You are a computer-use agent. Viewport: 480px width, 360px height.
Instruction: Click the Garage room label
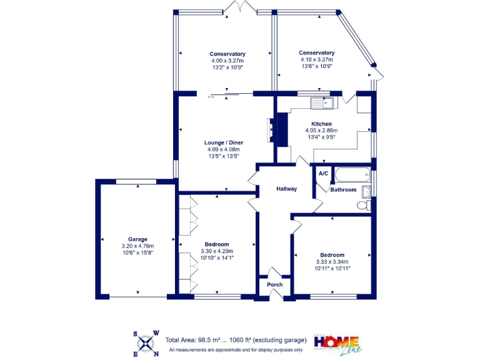coord(137,239)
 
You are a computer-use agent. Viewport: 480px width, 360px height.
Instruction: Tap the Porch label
coord(275,284)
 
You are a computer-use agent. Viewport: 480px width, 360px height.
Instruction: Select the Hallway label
coord(287,189)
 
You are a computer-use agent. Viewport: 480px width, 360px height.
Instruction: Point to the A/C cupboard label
coord(323,173)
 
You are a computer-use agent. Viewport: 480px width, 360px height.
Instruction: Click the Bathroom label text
coord(343,189)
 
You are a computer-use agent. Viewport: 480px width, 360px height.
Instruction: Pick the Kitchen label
coord(318,124)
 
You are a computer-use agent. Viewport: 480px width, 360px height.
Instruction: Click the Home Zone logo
coord(336,343)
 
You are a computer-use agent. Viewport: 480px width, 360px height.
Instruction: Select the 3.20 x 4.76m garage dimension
coord(137,246)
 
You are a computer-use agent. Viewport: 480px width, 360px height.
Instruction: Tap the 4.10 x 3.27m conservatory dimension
coord(316,59)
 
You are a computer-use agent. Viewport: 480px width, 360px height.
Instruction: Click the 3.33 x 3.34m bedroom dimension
coord(332,262)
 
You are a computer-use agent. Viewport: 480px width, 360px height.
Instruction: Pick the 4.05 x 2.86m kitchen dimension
coord(318,131)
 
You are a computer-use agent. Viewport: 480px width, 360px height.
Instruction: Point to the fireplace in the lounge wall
coord(271,132)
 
